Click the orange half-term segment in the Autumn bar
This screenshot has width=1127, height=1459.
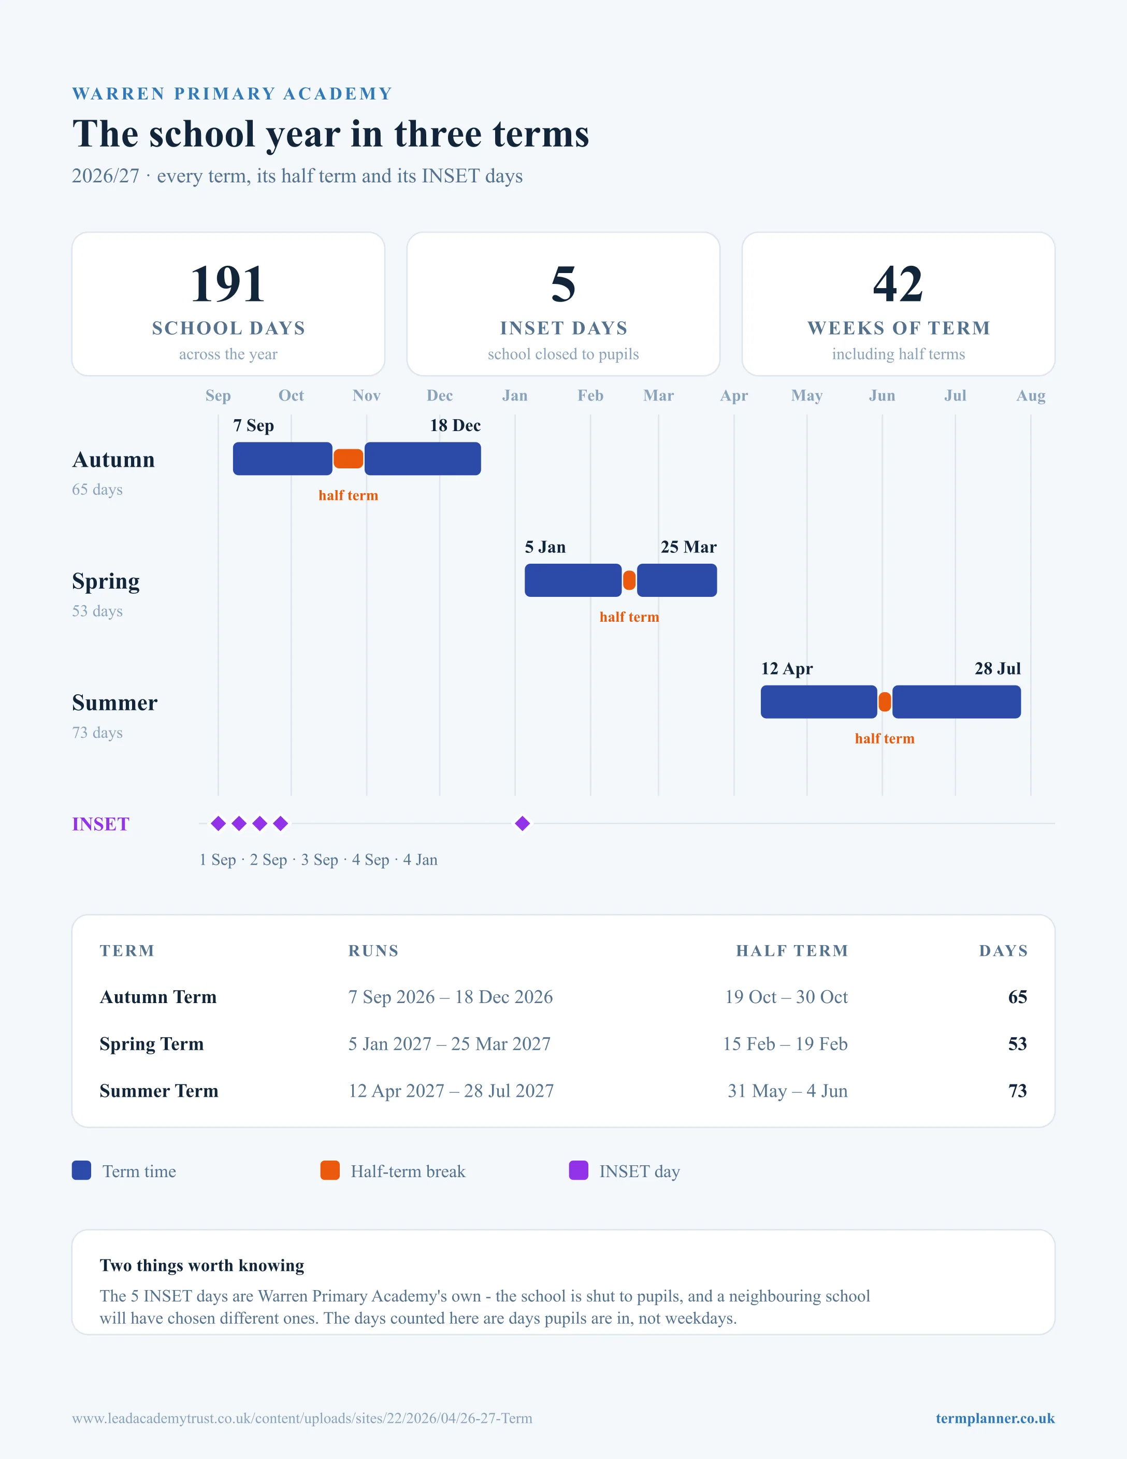tap(348, 459)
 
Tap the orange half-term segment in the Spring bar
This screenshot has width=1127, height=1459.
tap(629, 580)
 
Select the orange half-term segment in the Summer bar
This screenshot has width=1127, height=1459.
tap(885, 702)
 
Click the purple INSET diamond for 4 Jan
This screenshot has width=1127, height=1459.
tap(523, 824)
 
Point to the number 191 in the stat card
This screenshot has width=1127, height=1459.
tap(228, 284)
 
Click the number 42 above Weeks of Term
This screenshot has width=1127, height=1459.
tap(898, 284)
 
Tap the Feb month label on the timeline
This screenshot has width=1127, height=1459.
tap(590, 395)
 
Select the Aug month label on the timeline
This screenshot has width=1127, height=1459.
tap(1031, 395)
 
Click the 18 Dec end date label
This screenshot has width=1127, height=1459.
tap(455, 425)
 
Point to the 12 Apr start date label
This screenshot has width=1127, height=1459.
tap(787, 669)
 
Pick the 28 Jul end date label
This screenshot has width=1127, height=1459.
tap(998, 669)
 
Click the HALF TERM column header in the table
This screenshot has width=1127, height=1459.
tap(792, 951)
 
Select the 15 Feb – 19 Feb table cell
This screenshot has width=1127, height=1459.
tap(785, 1043)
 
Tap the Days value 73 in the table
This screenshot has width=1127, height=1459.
tap(1018, 1091)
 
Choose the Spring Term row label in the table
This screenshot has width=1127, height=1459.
tap(152, 1043)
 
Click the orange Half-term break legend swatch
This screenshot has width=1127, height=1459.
tap(330, 1170)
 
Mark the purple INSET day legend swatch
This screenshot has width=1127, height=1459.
tap(578, 1170)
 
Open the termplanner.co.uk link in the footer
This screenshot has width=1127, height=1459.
tap(995, 1418)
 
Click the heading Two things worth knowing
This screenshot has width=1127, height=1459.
tap(201, 1265)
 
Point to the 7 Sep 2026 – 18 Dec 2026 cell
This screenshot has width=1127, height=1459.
tap(451, 997)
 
